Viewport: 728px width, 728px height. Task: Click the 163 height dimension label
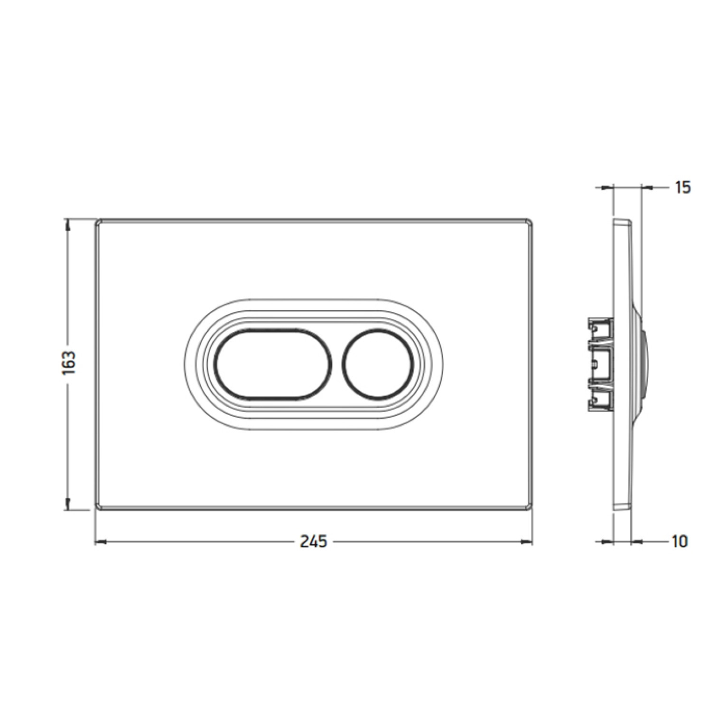69,363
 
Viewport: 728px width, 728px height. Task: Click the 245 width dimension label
314,541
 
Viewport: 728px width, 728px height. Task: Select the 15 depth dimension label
682,187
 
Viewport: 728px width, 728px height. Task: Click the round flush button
377,364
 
